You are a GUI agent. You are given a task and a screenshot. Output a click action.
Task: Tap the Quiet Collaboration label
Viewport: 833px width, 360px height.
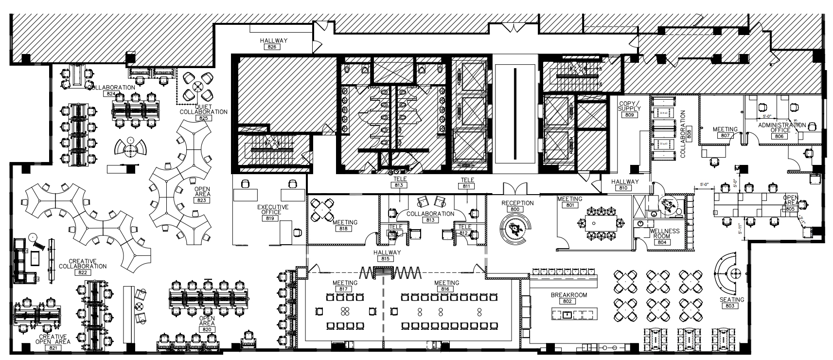coord(203,109)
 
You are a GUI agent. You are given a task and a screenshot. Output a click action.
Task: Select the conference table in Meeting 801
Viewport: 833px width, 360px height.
coord(599,223)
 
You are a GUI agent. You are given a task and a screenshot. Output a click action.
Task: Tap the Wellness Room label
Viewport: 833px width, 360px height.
coord(664,234)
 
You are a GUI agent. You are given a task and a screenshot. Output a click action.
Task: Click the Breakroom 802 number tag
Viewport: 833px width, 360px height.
coord(567,302)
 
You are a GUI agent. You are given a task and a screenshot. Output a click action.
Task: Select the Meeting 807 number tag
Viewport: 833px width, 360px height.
coord(725,136)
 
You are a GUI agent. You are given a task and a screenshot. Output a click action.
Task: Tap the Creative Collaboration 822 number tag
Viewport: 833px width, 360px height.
coord(82,273)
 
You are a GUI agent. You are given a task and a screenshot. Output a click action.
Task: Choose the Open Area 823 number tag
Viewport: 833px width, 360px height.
coord(202,200)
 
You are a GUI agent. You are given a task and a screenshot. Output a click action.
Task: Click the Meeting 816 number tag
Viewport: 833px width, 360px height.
coord(446,289)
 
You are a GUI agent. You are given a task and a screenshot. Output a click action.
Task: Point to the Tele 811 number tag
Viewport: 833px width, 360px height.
coord(467,186)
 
